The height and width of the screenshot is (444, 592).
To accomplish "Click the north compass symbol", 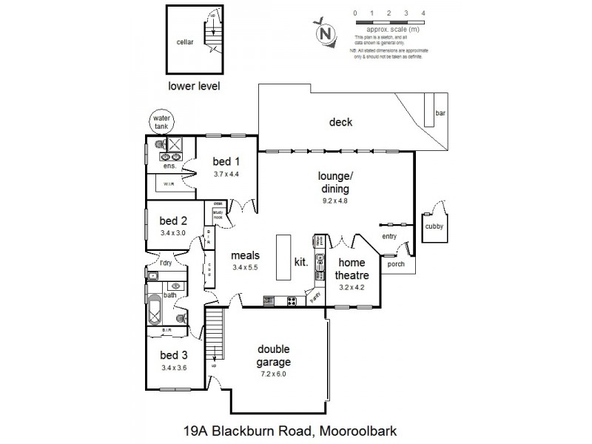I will click(x=323, y=33).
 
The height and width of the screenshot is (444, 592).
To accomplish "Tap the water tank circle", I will click(x=160, y=121).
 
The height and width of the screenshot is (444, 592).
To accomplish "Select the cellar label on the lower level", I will click(x=185, y=43).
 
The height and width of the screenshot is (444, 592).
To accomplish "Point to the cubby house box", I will click(x=433, y=227).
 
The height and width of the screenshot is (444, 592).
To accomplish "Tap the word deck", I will click(x=340, y=123).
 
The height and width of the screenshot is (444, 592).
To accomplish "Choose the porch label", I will click(x=397, y=263).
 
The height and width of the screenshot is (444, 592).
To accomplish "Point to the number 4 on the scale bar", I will click(x=423, y=13).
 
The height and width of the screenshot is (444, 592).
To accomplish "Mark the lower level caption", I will click(x=195, y=86).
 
